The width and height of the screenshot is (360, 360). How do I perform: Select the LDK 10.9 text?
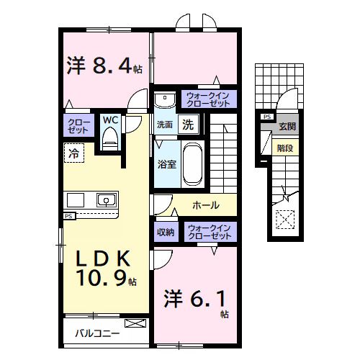point(101,268)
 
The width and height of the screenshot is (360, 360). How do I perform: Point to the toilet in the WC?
point(110,137)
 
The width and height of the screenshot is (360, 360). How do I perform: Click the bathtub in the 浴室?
point(192,163)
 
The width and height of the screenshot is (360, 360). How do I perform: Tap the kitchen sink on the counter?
point(107,200)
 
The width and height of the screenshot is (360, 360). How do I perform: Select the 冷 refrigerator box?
point(73,152)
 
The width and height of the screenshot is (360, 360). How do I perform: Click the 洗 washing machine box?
point(187,124)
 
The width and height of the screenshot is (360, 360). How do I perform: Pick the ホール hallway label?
point(206,205)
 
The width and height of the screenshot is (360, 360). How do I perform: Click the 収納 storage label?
point(166,232)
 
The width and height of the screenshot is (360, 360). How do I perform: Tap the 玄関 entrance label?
point(287,127)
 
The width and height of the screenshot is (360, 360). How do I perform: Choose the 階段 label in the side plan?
point(284,148)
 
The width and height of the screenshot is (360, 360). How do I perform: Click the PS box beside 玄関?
point(266,117)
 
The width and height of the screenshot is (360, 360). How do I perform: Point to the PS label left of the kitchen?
point(68,215)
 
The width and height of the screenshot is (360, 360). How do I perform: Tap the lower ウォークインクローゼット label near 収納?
point(208,232)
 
